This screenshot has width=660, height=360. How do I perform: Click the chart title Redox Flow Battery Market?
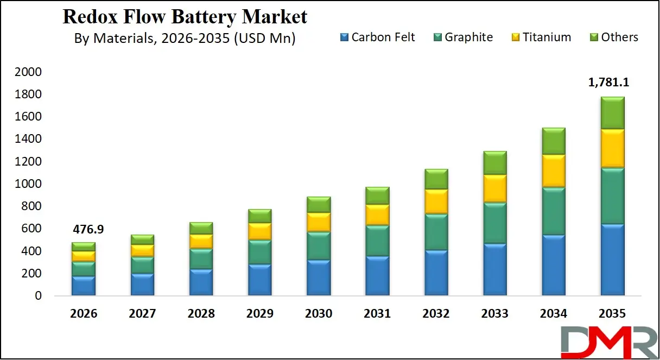coord(185,17)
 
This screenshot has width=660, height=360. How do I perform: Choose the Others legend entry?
coord(613,37)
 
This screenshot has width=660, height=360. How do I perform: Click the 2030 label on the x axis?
coord(318,314)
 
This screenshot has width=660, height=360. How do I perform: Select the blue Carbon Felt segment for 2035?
coord(612,260)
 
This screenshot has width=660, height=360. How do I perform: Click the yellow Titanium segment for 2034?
coord(553,170)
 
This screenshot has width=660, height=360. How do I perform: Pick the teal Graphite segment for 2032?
coord(436,232)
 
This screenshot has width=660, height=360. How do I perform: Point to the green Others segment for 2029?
coord(259,216)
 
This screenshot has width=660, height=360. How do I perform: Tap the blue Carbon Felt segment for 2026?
coord(84,286)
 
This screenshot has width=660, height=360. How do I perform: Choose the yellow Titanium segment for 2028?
coord(201,241)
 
